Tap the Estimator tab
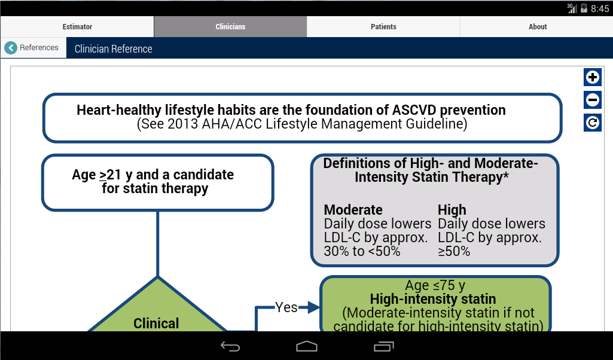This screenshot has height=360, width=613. coord(77,27)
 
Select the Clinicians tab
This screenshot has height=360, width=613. coord(230,27)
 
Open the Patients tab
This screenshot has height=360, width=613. coord(383,27)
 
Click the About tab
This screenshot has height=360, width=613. coord(538,27)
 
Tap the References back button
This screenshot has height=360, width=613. coord(33,48)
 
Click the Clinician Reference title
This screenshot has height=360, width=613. coord(114,49)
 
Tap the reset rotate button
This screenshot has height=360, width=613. coord(592,123)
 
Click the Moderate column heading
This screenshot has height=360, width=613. coord(353,210)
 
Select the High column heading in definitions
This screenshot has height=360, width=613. coord(452,210)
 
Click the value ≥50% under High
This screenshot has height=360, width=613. coord(454,252)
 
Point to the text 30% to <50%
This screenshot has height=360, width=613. coord(362,252)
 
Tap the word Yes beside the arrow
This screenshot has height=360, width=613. coord(286,307)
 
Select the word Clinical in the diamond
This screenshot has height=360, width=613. coord(156,324)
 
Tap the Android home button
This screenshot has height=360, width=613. coord(306,346)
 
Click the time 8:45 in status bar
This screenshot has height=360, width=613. coord(599,8)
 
